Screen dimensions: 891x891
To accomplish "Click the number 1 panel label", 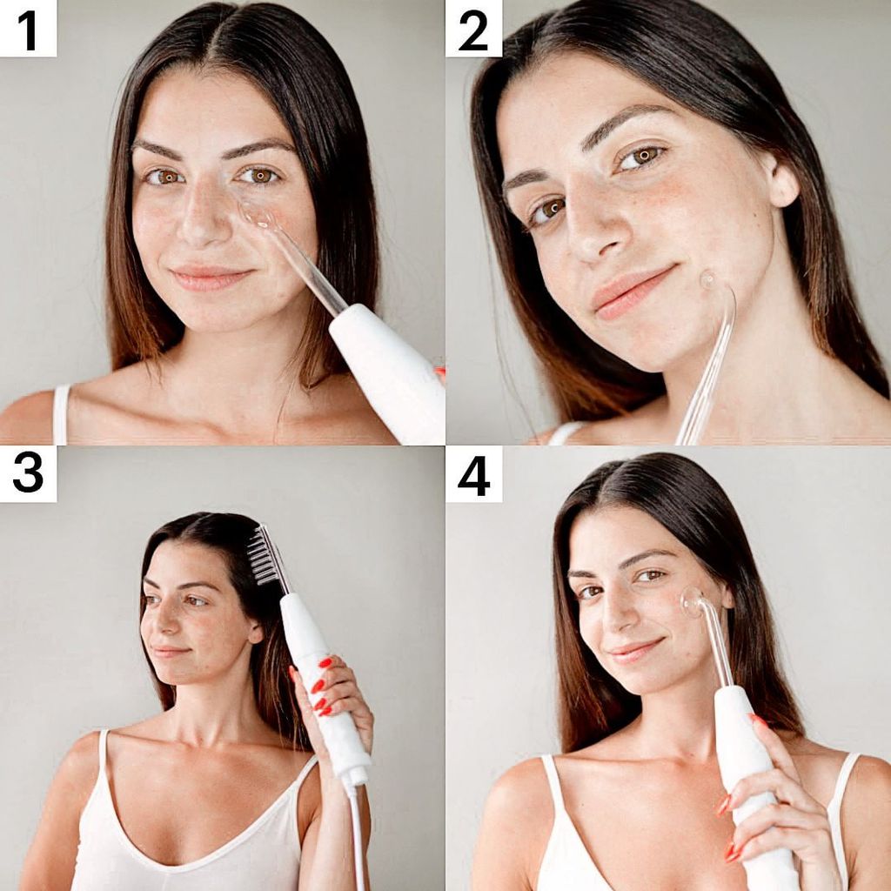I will (x=28, y=29).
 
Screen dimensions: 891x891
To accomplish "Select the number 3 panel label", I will (x=28, y=474).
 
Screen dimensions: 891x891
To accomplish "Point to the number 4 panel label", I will (x=473, y=474).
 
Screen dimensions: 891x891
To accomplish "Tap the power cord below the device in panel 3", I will (x=357, y=835).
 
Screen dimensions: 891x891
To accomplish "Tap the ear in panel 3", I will (x=254, y=631).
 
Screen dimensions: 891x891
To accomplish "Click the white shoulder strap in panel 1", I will (x=61, y=414).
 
